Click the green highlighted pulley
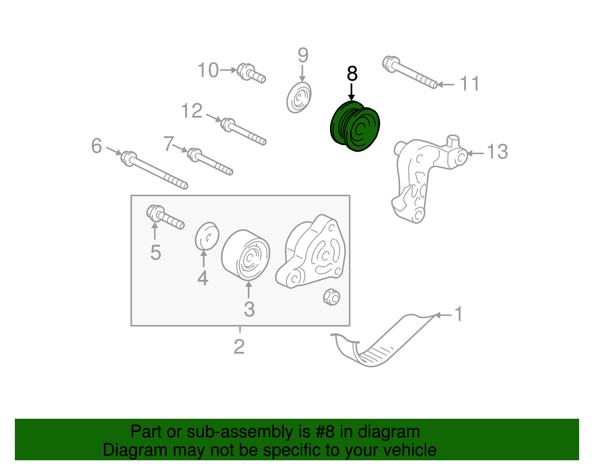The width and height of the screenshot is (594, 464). point(355,126)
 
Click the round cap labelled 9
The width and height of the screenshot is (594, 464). point(299,97)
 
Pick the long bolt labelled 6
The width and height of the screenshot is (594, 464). point(154,170)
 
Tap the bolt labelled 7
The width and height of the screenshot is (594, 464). point(210,162)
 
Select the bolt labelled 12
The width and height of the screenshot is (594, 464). point(243,132)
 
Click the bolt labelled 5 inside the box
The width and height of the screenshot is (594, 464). point(165,217)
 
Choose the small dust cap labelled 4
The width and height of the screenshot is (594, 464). point(207,236)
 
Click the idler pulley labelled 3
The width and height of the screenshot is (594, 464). point(245,255)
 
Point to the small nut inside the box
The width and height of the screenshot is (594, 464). point(331,297)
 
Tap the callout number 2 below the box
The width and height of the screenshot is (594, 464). point(239,347)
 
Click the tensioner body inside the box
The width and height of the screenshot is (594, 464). point(310,252)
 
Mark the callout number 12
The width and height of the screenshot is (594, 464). point(192,111)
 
